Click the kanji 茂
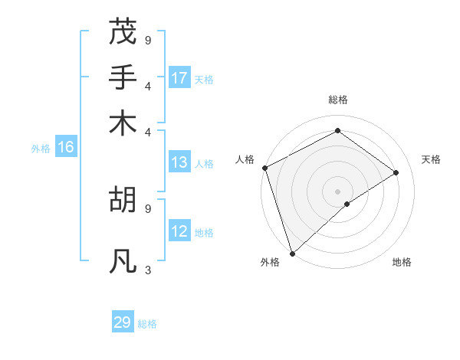coord(123,33)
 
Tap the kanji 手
coord(123,77)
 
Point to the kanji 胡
coord(123,200)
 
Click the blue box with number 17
coord(179,78)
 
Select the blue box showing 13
coord(179,162)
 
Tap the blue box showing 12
coord(179,232)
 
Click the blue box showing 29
coord(123,322)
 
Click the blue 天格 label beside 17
coord(204,79)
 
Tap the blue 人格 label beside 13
coord(204,163)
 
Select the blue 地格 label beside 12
coord(204,233)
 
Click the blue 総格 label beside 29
coord(147,323)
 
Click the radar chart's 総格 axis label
coord(337,100)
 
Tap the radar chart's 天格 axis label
coord(431,159)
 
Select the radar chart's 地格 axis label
coord(402,262)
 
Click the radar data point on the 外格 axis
coord(291,253)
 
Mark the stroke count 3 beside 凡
coord(148,270)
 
